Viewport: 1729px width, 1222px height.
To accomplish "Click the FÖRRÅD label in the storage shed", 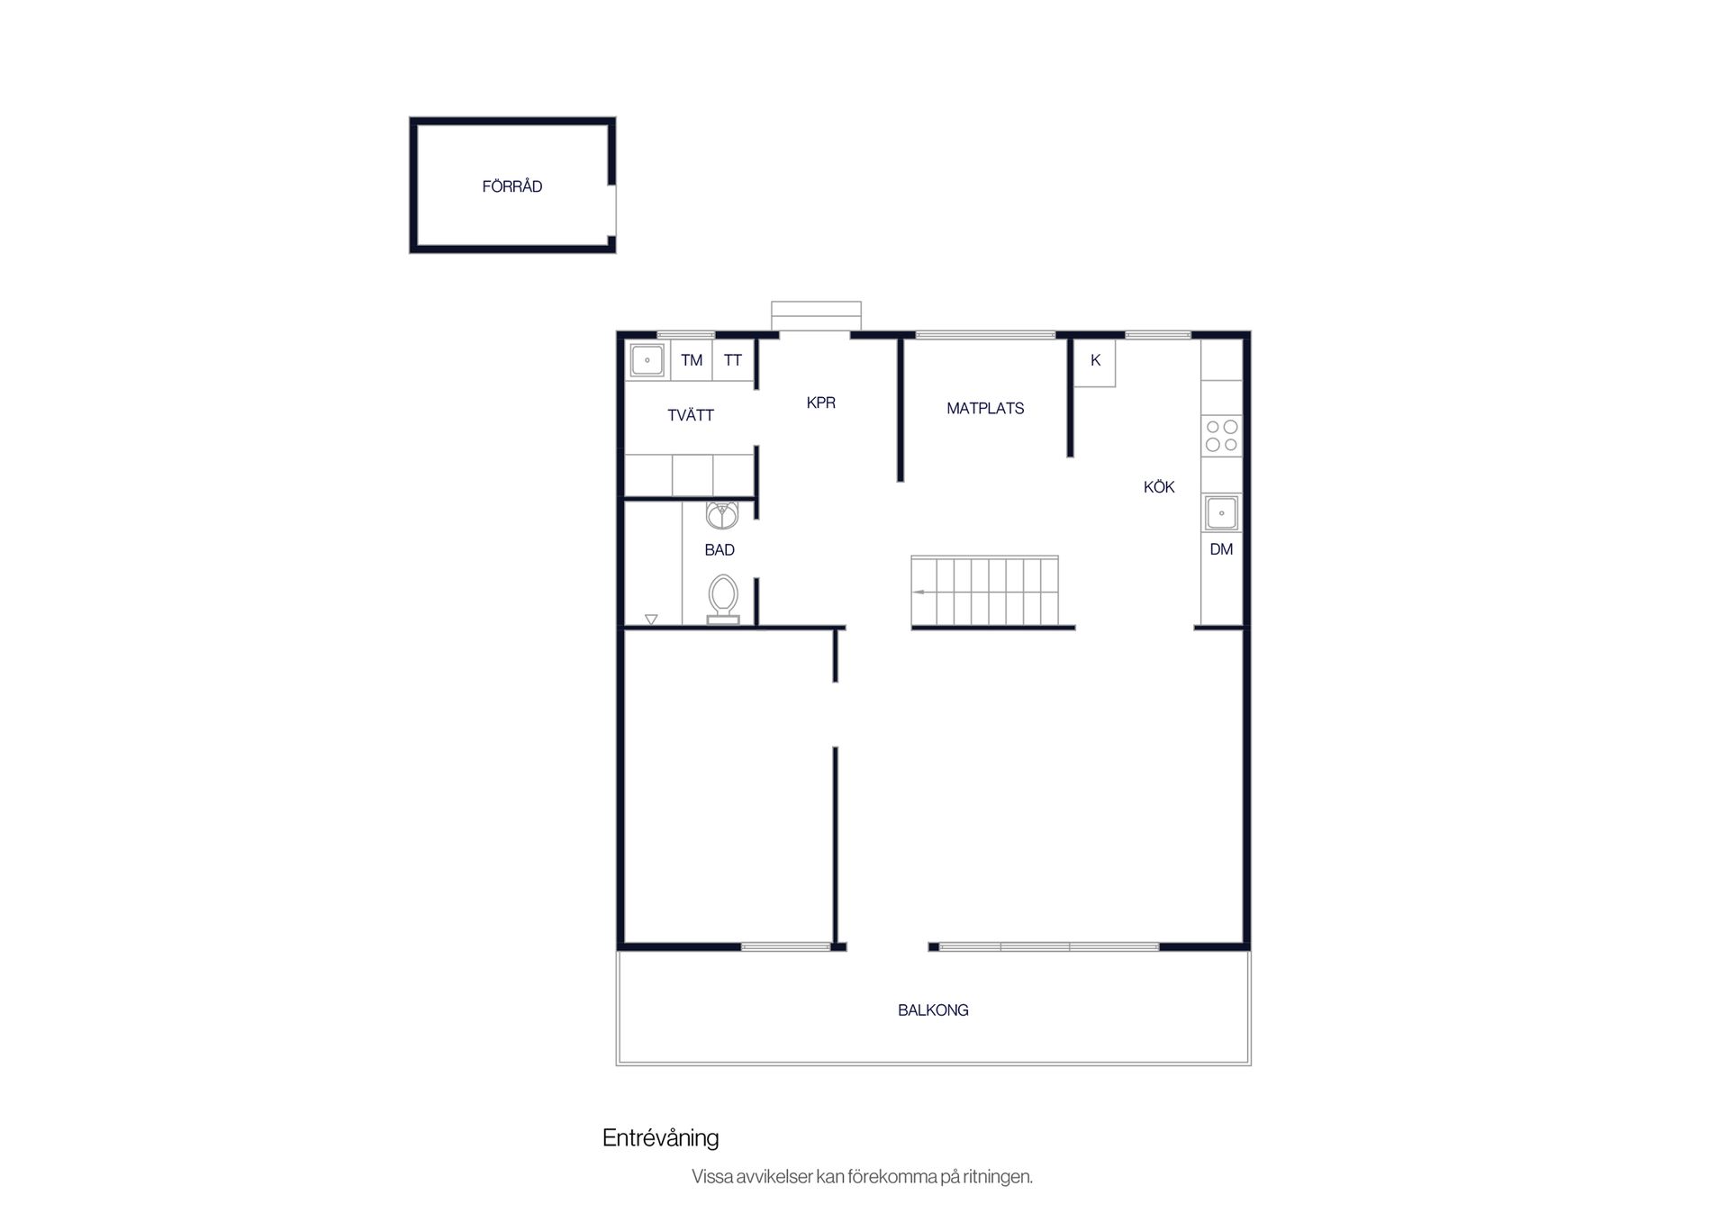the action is tap(511, 186).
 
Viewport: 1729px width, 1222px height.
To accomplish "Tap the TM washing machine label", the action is tap(692, 360).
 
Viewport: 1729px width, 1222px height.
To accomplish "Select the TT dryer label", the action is tap(733, 360).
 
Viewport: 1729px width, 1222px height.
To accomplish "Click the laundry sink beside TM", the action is tap(647, 360).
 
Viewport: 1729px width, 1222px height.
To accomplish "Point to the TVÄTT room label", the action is tap(691, 415).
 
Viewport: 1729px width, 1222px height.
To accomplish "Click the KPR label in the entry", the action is tap(820, 403).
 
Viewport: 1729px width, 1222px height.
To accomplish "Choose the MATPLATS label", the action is tap(985, 408).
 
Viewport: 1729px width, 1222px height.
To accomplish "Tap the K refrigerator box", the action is tap(1095, 363).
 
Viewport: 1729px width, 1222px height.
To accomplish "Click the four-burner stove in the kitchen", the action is tap(1221, 436).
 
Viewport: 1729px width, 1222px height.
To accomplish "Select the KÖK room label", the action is tap(1159, 487).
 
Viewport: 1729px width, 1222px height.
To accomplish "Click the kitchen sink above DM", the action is tap(1221, 513).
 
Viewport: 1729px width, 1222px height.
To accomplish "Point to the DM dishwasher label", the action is tap(1221, 549).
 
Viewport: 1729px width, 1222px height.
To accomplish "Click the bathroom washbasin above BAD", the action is tap(722, 515).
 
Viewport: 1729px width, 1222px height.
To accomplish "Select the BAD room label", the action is tap(720, 549).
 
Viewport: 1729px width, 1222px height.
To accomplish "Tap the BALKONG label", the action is tap(933, 1010).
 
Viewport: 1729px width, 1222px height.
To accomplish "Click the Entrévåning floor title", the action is tap(660, 1138).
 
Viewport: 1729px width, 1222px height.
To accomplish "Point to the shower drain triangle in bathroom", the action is tap(651, 620).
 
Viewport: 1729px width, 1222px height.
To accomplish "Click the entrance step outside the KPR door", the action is tap(816, 316).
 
